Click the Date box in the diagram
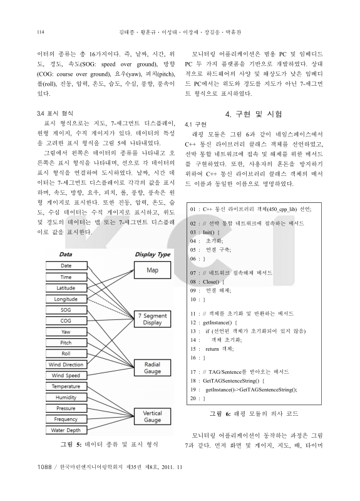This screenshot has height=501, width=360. pos(66,266)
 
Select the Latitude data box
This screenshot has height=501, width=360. pos(66,287)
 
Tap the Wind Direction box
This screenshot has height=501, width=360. pos(66,364)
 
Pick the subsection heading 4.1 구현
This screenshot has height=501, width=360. pos(196,125)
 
